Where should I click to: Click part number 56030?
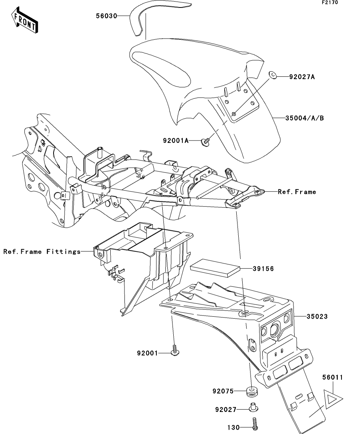[107, 16]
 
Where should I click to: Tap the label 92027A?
[302, 77]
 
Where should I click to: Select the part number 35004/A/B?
[304, 118]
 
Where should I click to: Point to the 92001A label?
[175, 140]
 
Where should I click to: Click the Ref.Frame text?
[297, 192]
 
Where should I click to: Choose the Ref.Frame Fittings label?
[42, 251]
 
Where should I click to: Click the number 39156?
[263, 268]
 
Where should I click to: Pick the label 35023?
[317, 316]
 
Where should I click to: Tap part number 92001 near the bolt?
[147, 353]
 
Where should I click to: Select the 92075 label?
[223, 391]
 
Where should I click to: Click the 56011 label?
[332, 377]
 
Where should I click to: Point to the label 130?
[233, 427]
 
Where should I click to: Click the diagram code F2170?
[330, 2]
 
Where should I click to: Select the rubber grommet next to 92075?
[252, 392]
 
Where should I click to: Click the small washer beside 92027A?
[273, 75]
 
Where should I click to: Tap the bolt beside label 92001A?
[205, 141]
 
